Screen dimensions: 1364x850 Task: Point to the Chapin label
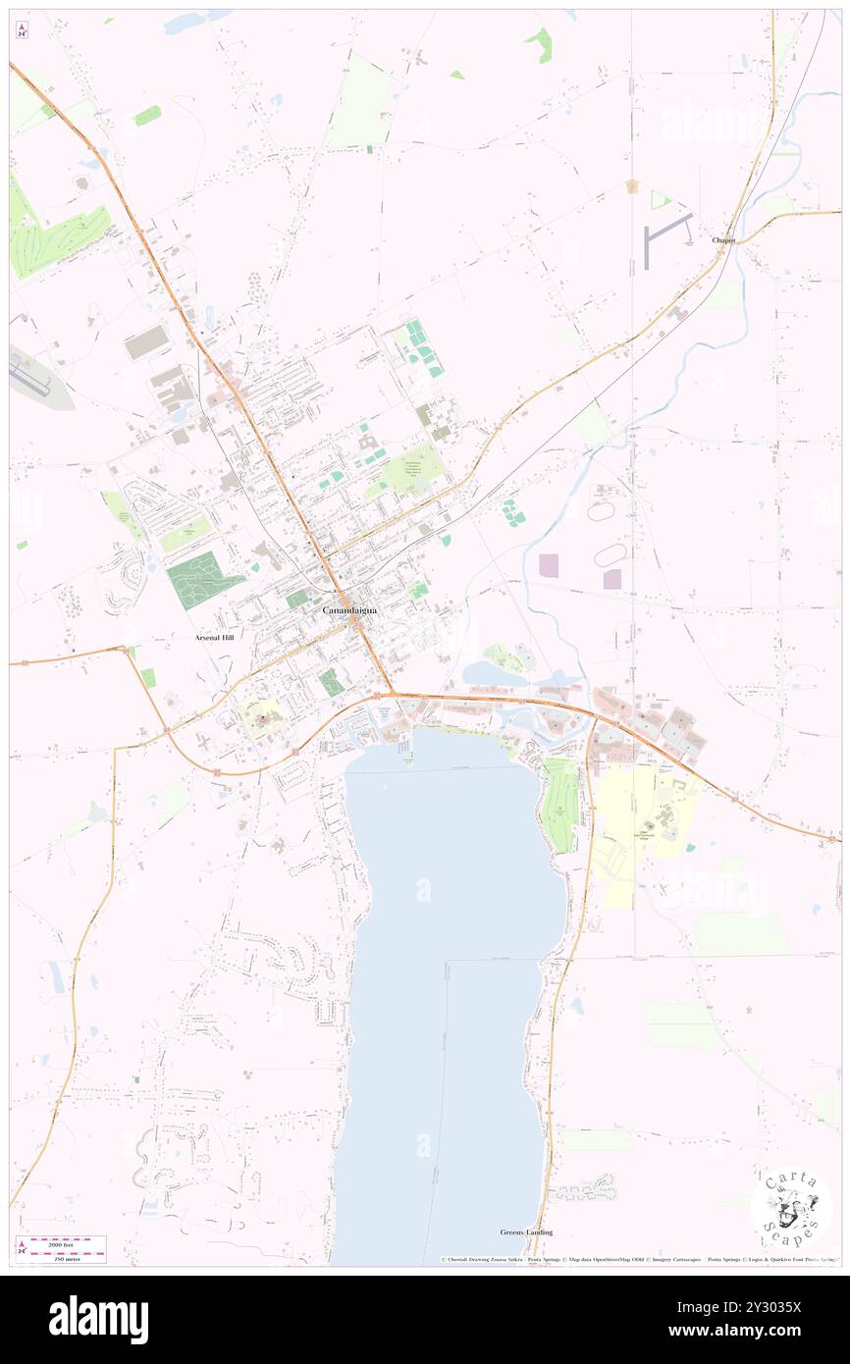(x=724, y=240)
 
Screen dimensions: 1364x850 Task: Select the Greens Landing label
(x=526, y=1232)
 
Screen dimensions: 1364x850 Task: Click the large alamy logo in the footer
(x=98, y=1319)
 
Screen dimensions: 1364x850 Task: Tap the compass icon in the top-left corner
(x=22, y=30)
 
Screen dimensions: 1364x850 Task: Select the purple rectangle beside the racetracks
(x=549, y=565)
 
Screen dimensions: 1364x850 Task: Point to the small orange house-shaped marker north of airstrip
(x=632, y=184)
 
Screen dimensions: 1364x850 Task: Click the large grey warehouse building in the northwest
(x=147, y=341)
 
